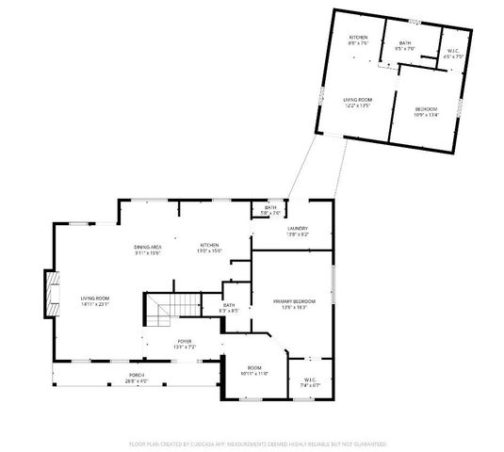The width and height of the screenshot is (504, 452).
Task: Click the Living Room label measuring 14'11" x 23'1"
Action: (x=94, y=299)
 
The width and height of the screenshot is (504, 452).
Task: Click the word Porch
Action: (x=137, y=376)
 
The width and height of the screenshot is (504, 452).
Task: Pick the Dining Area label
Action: (x=147, y=247)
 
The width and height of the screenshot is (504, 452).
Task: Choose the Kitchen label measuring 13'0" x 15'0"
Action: (x=209, y=247)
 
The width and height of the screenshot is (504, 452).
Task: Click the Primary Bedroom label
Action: (x=294, y=301)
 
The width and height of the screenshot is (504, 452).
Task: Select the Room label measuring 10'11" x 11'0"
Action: (x=253, y=368)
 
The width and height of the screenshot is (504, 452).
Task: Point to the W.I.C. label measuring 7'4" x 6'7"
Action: (x=311, y=380)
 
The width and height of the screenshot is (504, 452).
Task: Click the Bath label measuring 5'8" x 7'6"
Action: (x=270, y=207)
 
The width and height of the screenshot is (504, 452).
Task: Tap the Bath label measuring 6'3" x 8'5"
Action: (x=229, y=305)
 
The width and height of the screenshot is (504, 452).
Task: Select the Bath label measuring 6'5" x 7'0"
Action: (x=405, y=43)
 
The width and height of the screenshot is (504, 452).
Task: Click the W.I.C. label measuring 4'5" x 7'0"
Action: (x=453, y=52)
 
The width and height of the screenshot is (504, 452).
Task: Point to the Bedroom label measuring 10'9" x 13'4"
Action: (x=427, y=110)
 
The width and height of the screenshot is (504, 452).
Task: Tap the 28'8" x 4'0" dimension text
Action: (x=137, y=381)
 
